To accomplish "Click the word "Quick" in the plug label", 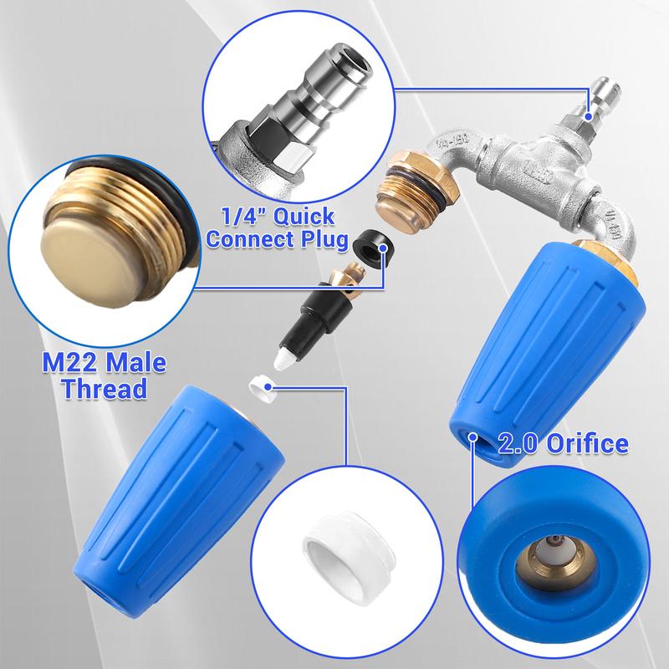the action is (304, 217).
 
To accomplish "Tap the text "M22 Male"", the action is (104, 363).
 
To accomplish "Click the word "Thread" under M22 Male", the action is (105, 389).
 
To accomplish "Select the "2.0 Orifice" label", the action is (563, 444).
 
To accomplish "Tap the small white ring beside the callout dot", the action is (261, 389).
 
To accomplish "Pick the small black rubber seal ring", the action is (370, 248).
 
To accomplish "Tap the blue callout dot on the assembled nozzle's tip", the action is (472, 437).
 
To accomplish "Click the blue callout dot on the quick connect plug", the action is (589, 115).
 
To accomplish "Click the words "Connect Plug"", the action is (278, 239).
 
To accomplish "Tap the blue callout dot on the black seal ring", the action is (383, 248).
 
